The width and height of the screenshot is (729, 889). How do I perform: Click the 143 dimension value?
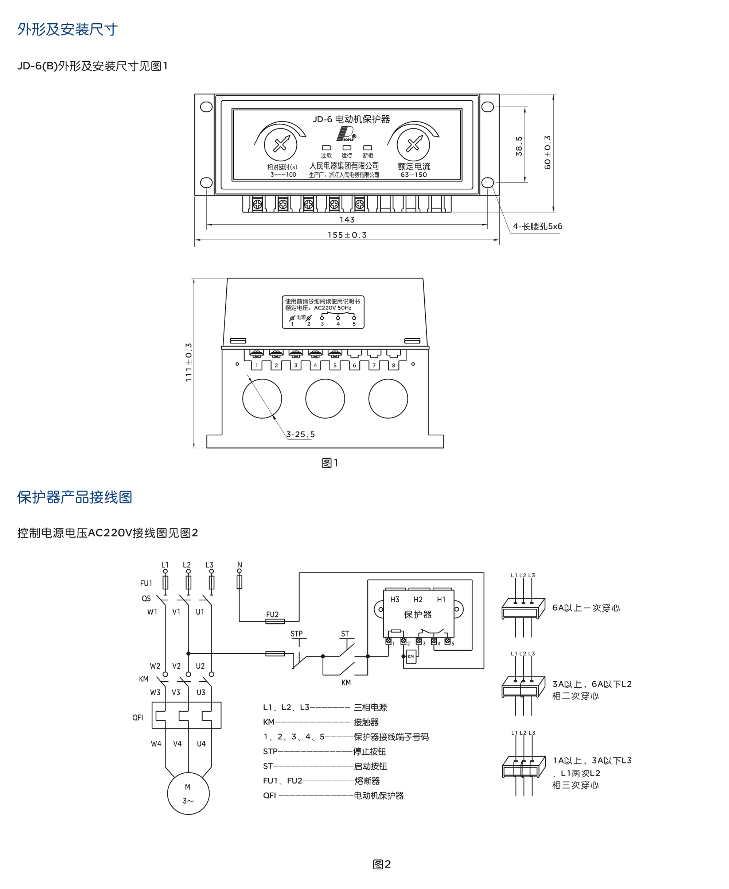(347, 219)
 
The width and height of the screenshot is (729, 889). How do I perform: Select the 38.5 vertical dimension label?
(519, 146)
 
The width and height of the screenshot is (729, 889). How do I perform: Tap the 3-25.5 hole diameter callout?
(300, 434)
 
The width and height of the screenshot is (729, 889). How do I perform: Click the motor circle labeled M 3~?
(188, 794)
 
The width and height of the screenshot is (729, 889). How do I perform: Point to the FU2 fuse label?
(272, 614)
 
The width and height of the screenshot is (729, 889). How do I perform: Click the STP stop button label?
(296, 634)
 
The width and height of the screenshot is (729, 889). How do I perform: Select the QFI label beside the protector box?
(138, 717)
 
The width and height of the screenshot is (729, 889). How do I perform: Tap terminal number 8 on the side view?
(393, 365)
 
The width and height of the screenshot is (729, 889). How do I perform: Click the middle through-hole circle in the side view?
(325, 399)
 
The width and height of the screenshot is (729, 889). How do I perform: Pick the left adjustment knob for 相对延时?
(281, 144)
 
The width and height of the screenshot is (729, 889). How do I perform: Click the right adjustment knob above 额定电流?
(413, 144)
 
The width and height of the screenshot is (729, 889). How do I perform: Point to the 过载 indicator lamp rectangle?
(326, 148)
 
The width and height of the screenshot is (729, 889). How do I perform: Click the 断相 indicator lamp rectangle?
(367, 148)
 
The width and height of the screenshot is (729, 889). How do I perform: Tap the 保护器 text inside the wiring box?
(417, 615)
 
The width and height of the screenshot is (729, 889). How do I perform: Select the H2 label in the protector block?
(418, 599)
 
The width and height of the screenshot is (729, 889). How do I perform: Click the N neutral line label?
(239, 565)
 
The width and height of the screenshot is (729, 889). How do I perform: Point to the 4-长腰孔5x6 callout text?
(538, 227)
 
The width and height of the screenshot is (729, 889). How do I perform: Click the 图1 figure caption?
(330, 463)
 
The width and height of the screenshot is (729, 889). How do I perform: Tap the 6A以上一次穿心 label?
(586, 608)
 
